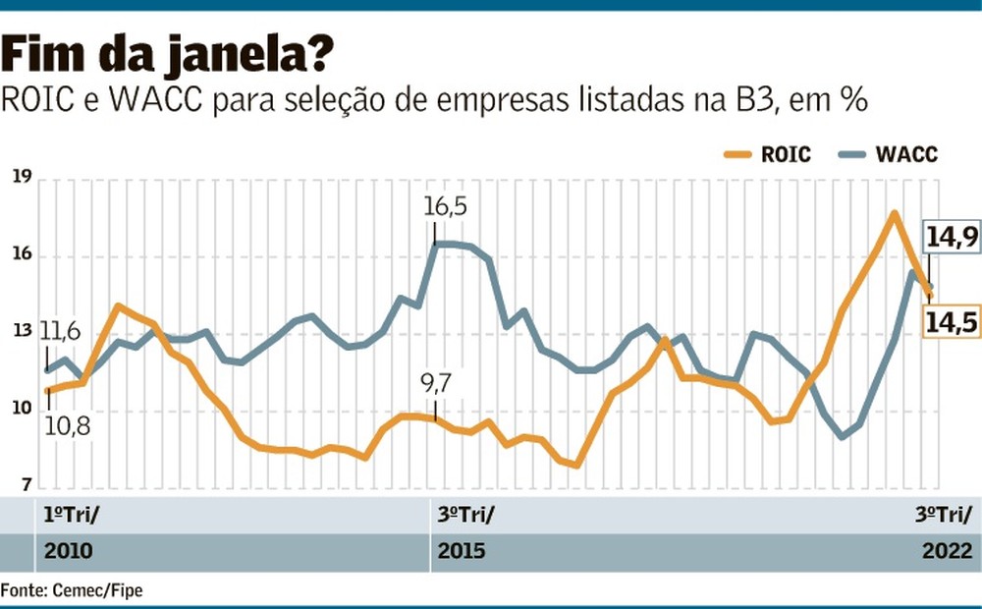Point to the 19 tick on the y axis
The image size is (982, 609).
(22, 178)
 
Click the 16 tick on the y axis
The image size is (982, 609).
(22, 255)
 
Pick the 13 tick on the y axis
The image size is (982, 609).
(22, 333)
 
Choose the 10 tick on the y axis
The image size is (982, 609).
(22, 410)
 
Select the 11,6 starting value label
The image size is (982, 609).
(60, 330)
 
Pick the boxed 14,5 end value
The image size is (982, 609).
(951, 322)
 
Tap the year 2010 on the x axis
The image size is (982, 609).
(68, 550)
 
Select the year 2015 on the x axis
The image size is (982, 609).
(463, 550)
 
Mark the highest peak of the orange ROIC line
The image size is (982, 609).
(894, 213)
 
